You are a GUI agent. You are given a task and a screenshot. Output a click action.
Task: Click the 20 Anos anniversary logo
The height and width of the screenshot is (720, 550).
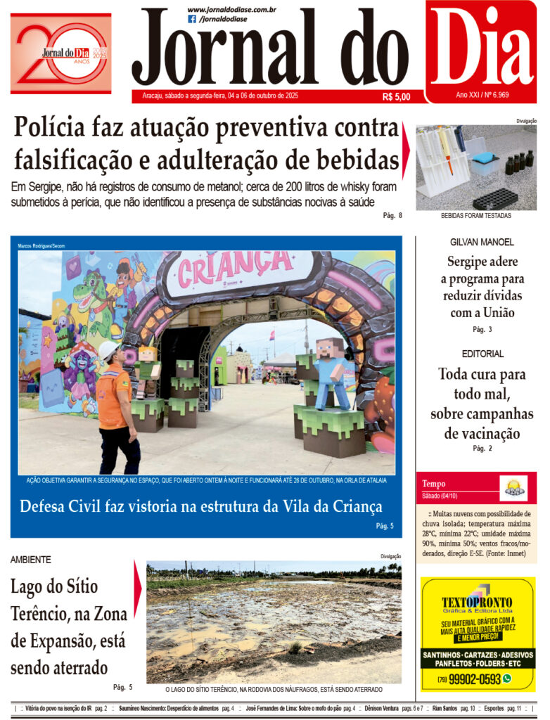click(61, 53)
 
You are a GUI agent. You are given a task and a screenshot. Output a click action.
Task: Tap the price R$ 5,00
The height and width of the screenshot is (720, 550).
click(396, 97)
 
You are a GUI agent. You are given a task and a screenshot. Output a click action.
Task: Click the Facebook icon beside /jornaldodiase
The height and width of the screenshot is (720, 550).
click(192, 20)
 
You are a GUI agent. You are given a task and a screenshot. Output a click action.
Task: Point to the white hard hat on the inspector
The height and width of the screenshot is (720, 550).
click(108, 350)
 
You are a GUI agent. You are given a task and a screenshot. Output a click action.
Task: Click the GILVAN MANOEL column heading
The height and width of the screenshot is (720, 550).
click(482, 242)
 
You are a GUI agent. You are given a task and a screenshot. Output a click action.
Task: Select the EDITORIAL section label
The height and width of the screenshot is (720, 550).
click(482, 354)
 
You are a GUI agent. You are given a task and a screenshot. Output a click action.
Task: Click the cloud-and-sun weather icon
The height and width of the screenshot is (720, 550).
click(513, 488)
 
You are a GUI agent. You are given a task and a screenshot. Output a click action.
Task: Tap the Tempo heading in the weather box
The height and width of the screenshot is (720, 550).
click(434, 484)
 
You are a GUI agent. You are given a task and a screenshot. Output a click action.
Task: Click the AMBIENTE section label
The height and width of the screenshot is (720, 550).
click(31, 560)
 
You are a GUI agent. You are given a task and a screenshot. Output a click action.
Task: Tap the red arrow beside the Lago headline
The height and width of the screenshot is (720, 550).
click(138, 579)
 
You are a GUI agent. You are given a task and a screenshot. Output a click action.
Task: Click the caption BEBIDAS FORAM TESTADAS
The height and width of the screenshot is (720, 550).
click(476, 216)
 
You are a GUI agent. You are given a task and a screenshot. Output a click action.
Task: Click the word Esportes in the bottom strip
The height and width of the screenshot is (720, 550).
click(494, 708)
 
